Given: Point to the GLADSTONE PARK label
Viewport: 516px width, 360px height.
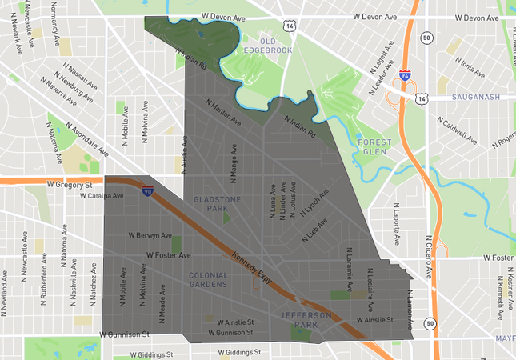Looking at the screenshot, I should (x=211, y=202).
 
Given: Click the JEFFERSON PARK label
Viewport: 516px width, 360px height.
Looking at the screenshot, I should (x=306, y=320).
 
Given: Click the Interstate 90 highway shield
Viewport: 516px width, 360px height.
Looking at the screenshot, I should (x=147, y=191).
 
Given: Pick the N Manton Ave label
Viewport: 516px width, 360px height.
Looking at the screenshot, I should (x=223, y=113).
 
